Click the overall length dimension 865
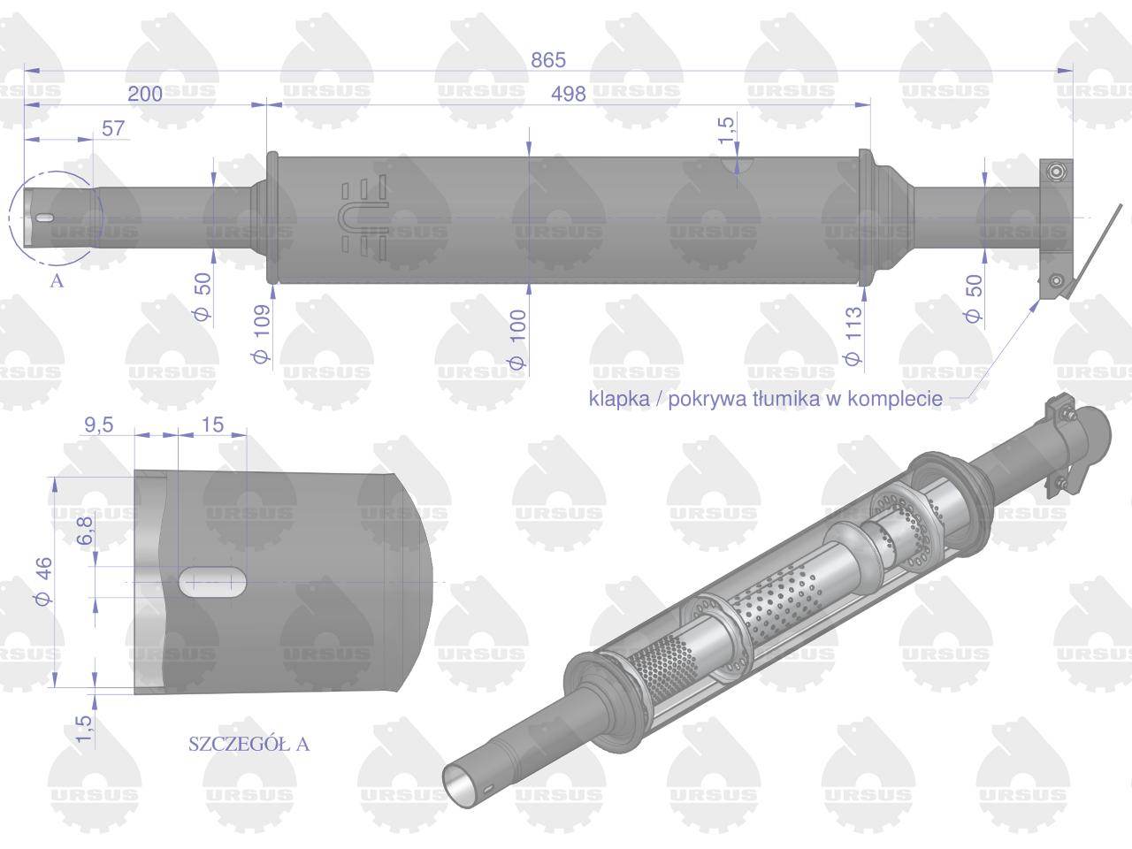click(x=547, y=60)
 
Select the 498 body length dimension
click(x=568, y=94)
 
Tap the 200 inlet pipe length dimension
click(x=145, y=94)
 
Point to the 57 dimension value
click(x=113, y=128)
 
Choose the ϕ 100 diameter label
click(x=517, y=340)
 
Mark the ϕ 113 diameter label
click(x=853, y=336)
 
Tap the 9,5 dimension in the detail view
click(x=98, y=424)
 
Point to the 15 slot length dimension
click(x=212, y=424)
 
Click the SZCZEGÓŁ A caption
click(x=249, y=744)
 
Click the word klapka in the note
click(x=617, y=399)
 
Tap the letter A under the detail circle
click(x=57, y=281)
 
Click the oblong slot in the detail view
click(x=213, y=581)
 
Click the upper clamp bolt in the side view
click(x=1055, y=171)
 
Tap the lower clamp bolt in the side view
click(x=1055, y=281)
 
